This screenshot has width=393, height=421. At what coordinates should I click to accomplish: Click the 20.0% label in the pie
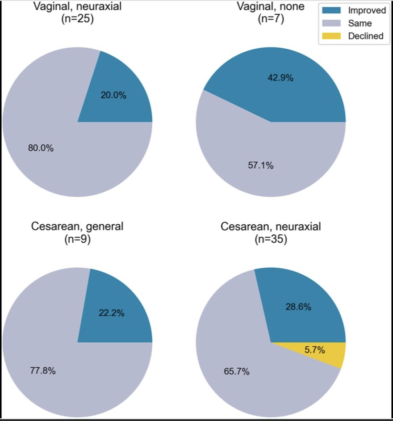[x=113, y=95]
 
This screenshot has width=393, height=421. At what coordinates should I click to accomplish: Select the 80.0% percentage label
[x=41, y=148]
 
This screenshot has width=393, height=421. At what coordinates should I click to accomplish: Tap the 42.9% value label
[x=280, y=78]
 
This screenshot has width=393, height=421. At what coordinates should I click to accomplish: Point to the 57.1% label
[x=261, y=165]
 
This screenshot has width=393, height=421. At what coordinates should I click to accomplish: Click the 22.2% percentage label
[x=111, y=313]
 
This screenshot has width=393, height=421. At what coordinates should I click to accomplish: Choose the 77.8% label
[x=42, y=370]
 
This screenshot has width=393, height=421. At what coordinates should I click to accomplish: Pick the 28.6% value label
[x=298, y=307]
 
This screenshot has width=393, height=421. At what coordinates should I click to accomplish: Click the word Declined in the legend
[x=365, y=36]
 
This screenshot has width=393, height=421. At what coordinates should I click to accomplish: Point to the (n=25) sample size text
[x=77, y=21]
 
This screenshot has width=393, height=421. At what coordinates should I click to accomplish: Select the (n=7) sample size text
[x=271, y=21]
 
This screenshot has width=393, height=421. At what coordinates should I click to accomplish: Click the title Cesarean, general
[x=77, y=227]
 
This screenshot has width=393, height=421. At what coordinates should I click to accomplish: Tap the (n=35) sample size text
[x=271, y=240]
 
